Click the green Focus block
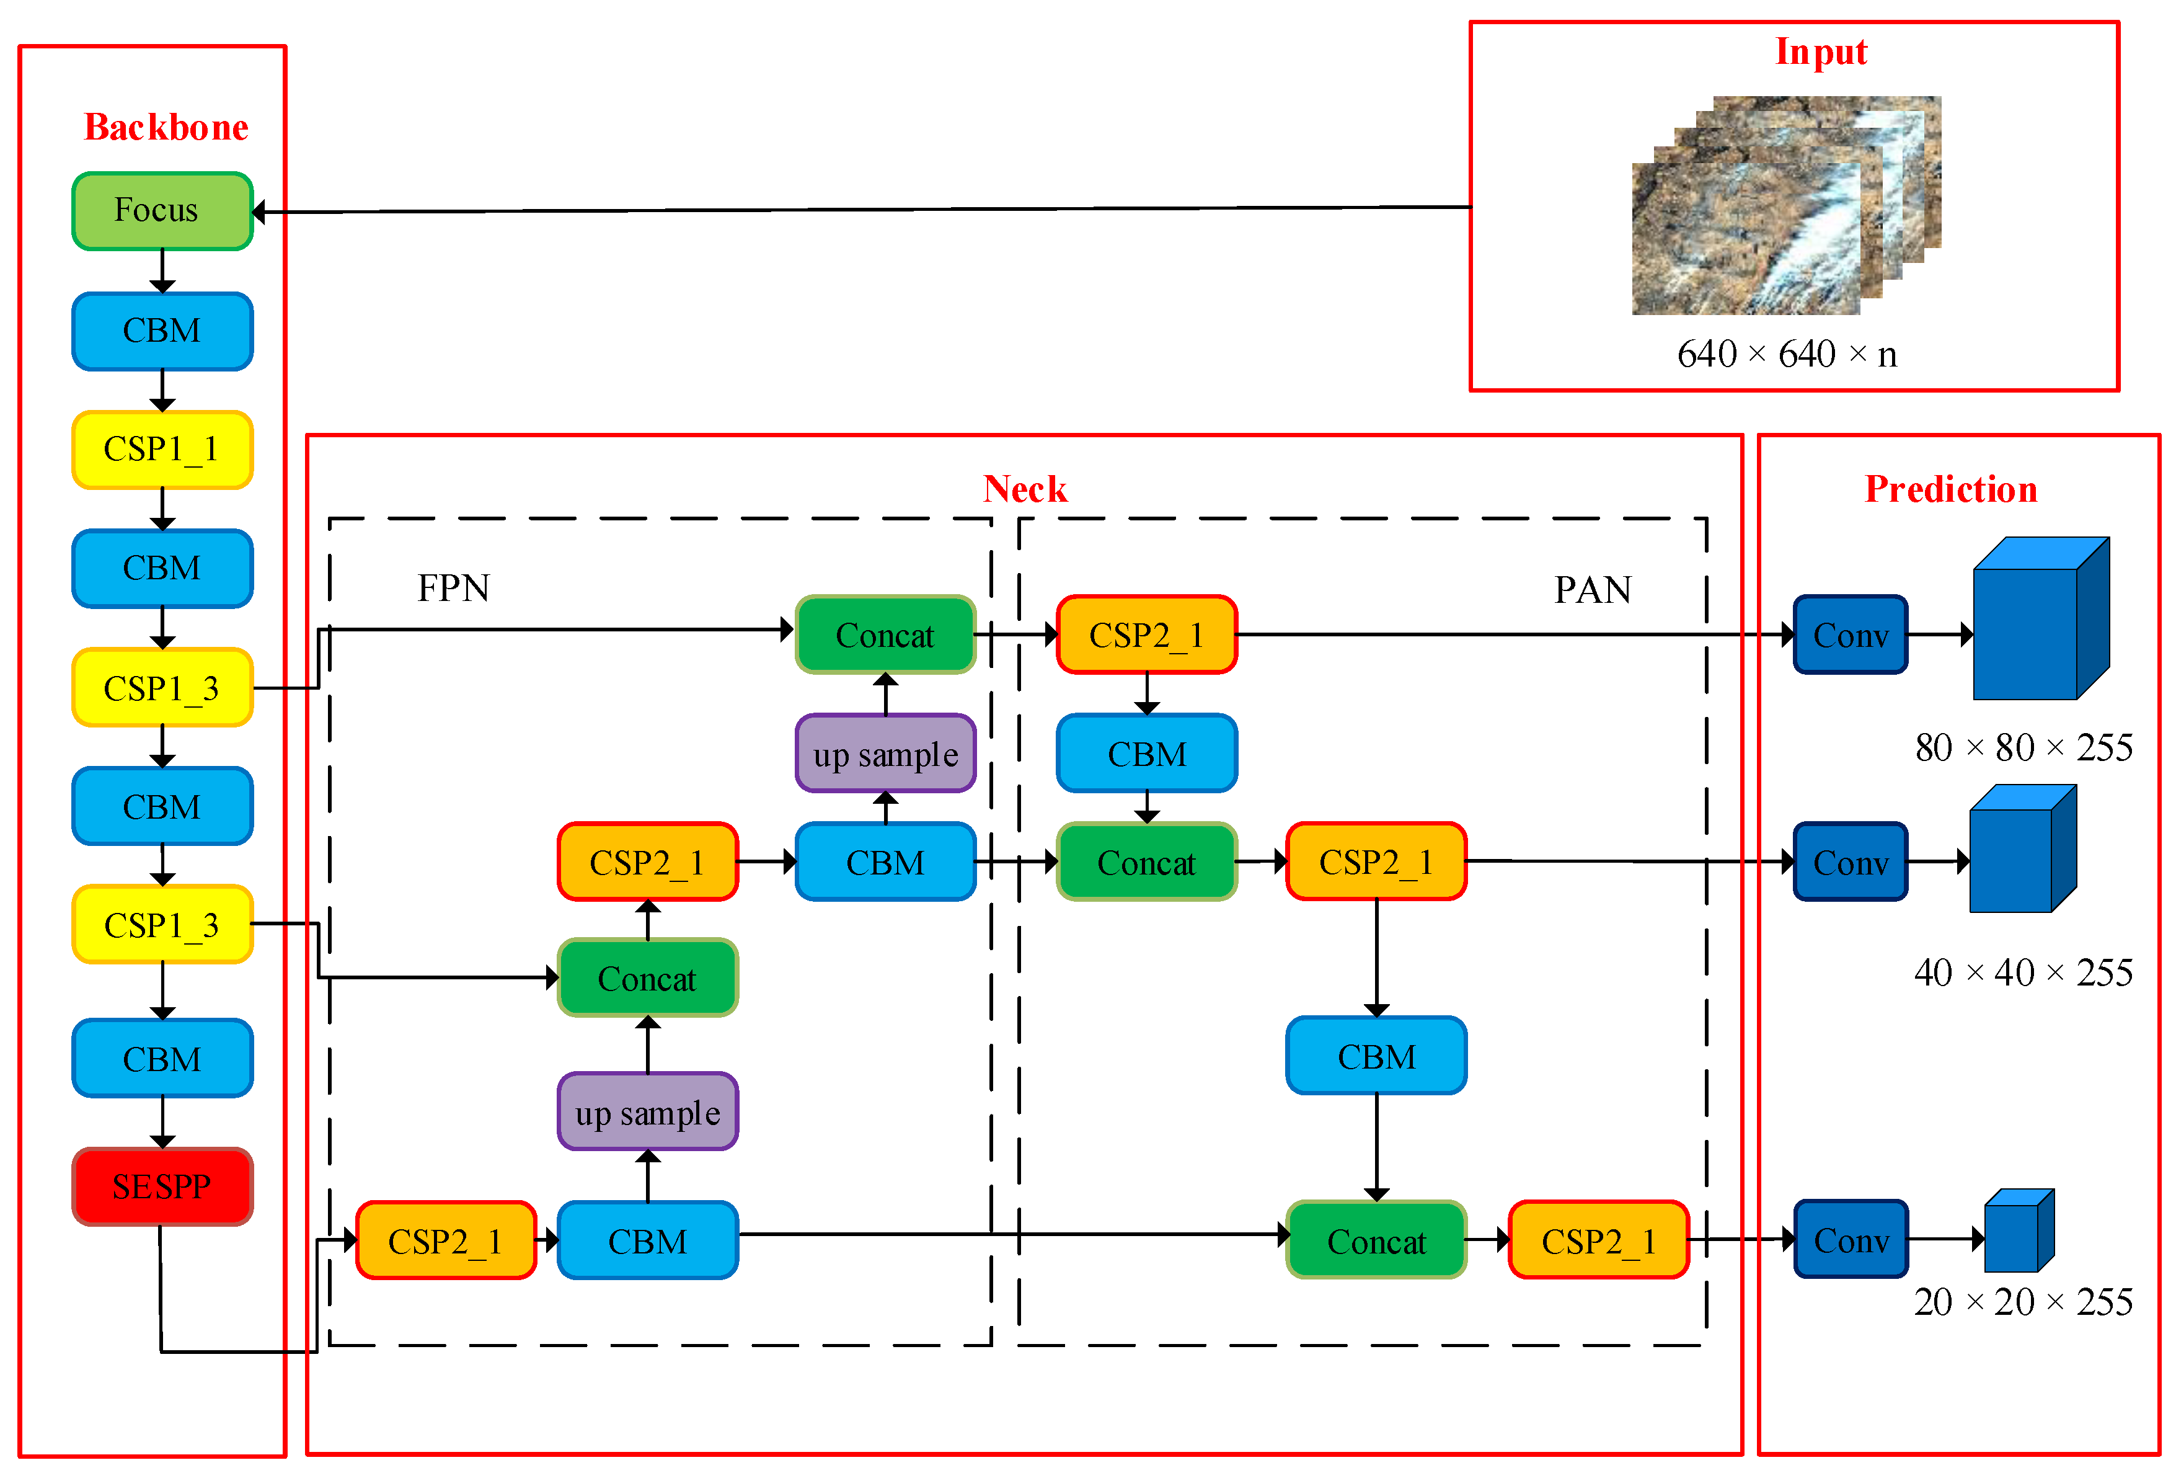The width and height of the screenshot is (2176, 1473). [162, 211]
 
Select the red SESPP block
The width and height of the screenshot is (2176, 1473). [162, 1186]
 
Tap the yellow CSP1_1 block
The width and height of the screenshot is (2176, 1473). [162, 450]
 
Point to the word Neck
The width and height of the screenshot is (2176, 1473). [1024, 489]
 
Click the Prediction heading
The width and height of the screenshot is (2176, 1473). [1950, 489]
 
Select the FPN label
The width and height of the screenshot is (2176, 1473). [453, 588]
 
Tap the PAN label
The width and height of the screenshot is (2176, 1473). [1592, 590]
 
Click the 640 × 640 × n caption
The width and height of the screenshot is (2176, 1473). [1787, 354]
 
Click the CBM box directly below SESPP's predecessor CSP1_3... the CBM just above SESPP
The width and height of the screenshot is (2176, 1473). [162, 1059]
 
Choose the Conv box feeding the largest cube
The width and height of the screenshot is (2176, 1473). [1849, 635]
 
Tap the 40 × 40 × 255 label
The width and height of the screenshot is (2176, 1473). [2022, 973]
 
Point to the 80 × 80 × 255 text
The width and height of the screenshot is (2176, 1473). [2022, 747]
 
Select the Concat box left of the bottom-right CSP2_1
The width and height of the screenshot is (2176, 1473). [1376, 1241]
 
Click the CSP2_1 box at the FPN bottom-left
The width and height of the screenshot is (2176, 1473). [446, 1241]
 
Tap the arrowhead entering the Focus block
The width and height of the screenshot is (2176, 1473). [259, 213]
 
